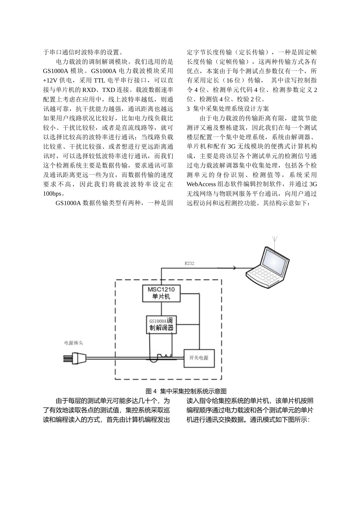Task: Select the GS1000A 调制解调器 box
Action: (161, 325)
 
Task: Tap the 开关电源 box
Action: (199, 358)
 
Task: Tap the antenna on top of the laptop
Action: (275, 241)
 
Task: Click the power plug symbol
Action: (74, 358)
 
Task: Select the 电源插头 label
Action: (74, 343)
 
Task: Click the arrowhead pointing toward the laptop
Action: (234, 268)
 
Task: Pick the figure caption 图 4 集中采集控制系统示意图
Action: (186, 391)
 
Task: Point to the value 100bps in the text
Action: (52, 194)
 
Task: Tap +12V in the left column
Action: (50, 80)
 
